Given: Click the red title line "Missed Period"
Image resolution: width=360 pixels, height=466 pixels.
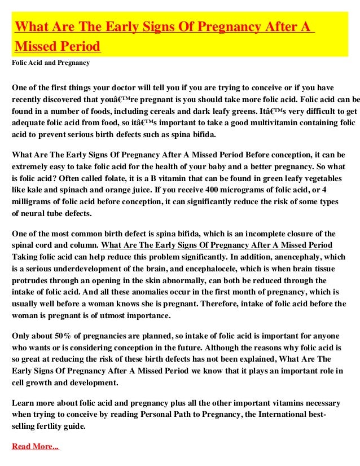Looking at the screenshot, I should tap(57, 45).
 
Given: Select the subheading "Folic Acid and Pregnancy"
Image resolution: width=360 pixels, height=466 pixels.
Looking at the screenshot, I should tap(51, 62).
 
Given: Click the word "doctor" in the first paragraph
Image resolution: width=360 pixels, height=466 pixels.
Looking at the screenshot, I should tap(146, 88).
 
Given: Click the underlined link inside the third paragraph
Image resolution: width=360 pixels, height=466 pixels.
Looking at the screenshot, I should tap(216, 245).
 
